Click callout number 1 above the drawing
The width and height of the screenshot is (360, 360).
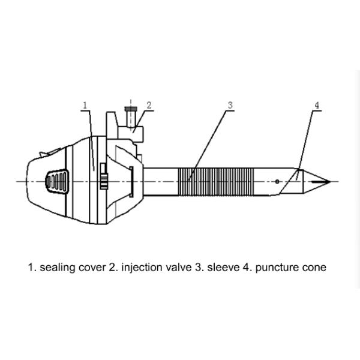coord(85,105)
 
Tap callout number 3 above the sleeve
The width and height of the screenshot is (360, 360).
coord(230,105)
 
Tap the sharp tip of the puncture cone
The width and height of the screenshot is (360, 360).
coord(329,181)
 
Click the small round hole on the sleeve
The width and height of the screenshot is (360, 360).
coord(277,181)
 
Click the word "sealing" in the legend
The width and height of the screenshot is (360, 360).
coord(58,268)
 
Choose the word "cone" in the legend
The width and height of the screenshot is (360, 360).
coord(314,268)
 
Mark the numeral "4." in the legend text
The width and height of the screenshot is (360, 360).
coord(248,268)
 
